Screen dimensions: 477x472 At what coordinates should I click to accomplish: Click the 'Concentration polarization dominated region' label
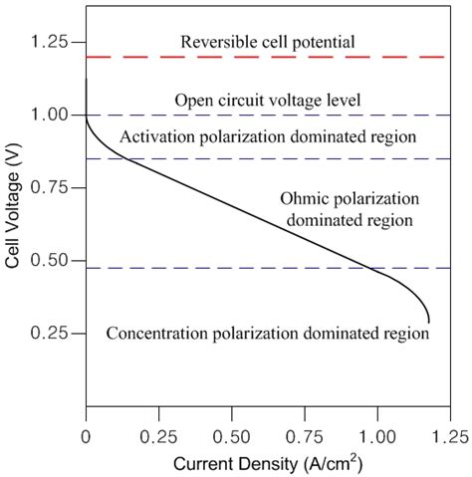267,334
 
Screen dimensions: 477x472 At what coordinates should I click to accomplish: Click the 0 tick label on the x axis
87,436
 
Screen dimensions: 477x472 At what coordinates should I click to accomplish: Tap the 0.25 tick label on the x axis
158,436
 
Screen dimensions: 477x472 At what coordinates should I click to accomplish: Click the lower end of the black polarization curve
428,320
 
